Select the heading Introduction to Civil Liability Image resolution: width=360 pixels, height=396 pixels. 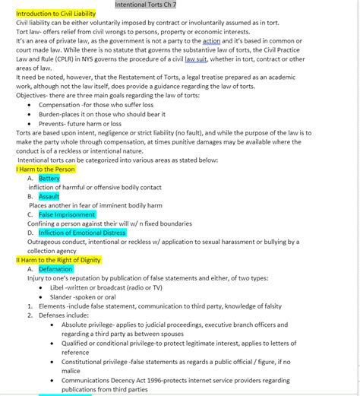coord(56,14)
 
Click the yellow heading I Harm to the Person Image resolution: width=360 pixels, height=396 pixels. coord(46,169)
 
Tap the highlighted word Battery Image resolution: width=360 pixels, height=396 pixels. coord(49,179)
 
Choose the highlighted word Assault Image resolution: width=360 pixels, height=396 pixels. coord(49,196)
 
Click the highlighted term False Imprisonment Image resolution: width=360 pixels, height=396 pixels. coord(68,214)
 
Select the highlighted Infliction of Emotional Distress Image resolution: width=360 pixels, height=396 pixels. coord(82,233)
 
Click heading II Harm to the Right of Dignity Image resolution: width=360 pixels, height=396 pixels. coord(58,260)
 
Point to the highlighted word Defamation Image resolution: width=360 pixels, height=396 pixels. coord(55,269)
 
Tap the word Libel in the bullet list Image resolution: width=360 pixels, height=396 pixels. coord(58,288)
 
